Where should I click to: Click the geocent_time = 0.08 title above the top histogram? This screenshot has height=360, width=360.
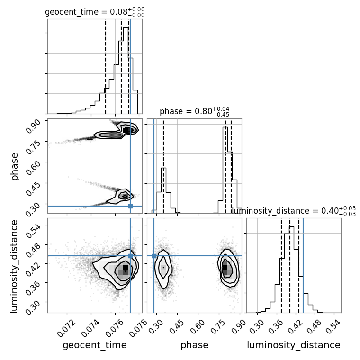click(x=95, y=12)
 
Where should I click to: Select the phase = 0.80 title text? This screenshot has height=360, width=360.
click(x=195, y=111)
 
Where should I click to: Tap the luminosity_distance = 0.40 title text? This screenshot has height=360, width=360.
click(x=294, y=211)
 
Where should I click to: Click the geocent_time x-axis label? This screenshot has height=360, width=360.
click(x=95, y=345)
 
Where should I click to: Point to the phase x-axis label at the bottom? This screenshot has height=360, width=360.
click(x=195, y=345)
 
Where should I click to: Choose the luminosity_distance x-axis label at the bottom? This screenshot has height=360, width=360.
click(x=294, y=345)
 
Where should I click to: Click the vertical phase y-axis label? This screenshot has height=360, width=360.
click(x=15, y=166)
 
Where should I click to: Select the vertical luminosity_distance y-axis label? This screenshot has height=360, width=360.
click(x=14, y=266)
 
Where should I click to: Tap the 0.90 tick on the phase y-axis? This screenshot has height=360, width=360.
click(x=33, y=126)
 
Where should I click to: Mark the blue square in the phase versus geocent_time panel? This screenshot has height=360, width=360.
click(x=130, y=206)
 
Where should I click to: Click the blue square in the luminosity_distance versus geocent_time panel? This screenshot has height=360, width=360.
click(x=130, y=256)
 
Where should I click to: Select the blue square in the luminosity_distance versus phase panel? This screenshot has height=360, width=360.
click(x=154, y=256)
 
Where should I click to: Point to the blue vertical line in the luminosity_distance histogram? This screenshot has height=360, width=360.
click(x=303, y=265)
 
